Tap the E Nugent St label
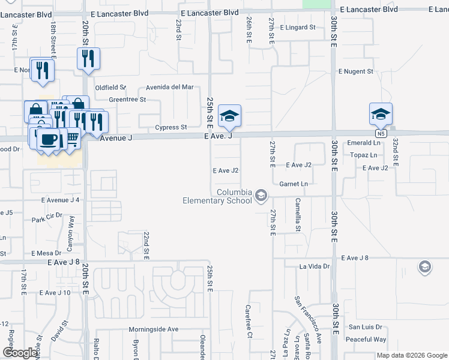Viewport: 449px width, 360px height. coord(356,71)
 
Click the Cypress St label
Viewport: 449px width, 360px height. coord(171,127)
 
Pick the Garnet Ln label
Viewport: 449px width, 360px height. coord(297,184)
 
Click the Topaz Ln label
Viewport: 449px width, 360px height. coord(365,155)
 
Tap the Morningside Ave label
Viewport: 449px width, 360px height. coord(154,329)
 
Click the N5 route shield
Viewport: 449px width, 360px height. coord(382,133)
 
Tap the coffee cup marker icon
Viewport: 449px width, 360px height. coord(48,140)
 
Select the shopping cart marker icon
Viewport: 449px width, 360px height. coord(71,138)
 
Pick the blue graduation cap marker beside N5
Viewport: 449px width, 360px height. coord(381,113)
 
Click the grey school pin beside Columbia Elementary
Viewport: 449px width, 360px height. coord(261,196)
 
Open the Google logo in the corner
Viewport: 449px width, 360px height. coord(20,353)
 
